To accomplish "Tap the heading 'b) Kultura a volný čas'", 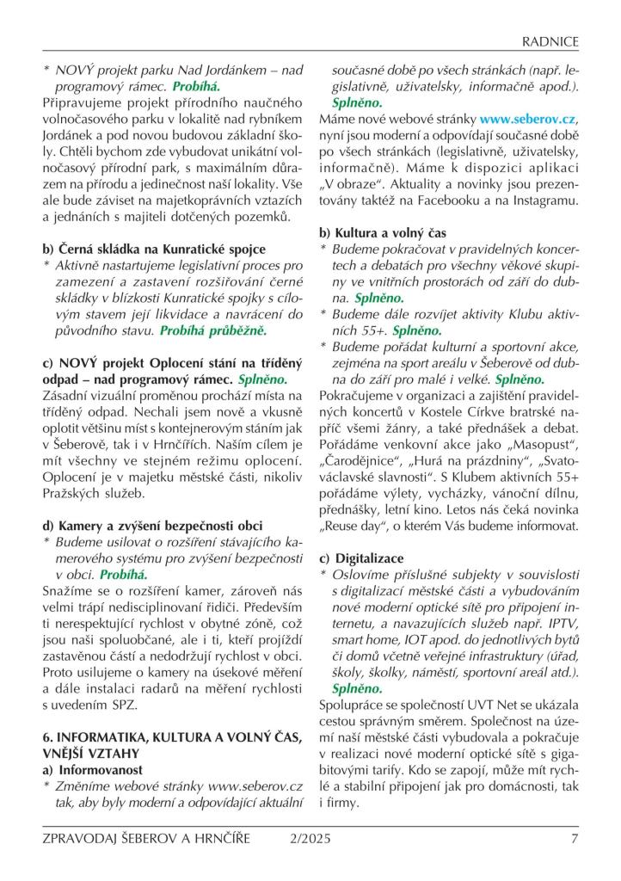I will pos(383,233).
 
